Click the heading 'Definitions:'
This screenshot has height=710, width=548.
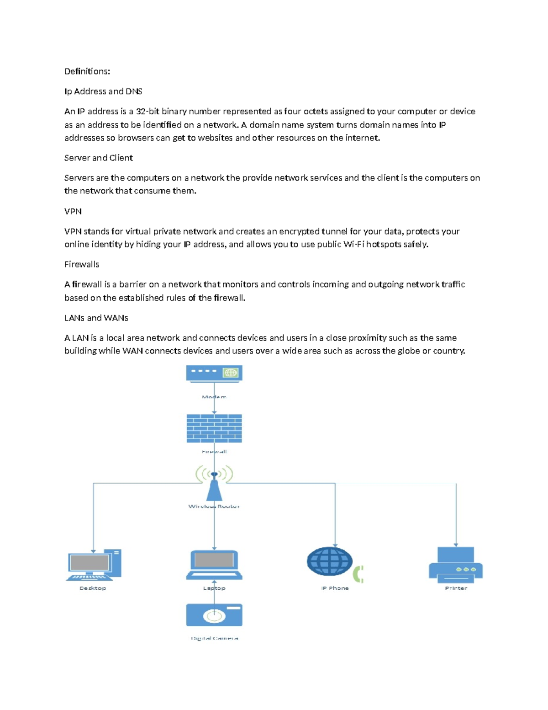click(x=87, y=71)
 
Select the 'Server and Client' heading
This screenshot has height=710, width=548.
click(x=98, y=158)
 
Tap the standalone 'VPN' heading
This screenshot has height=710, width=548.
click(x=73, y=211)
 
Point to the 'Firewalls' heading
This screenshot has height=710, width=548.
click(x=81, y=264)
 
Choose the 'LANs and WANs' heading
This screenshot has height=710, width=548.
click(x=96, y=318)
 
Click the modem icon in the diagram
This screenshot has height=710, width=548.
click(x=214, y=373)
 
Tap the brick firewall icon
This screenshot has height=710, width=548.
click(x=214, y=428)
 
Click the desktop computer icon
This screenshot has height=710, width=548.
click(x=94, y=565)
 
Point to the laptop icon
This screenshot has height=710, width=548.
click(x=214, y=565)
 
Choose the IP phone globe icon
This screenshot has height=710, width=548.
click(x=329, y=561)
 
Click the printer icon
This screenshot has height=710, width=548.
click(x=455, y=565)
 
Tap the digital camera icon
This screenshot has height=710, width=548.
click(x=214, y=615)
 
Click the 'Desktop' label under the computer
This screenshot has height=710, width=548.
click(x=93, y=588)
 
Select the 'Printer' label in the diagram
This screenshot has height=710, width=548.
click(x=456, y=588)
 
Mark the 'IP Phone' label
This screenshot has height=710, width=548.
click(x=335, y=588)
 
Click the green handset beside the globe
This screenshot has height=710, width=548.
click(x=359, y=574)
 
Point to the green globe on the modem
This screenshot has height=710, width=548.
click(x=231, y=373)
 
